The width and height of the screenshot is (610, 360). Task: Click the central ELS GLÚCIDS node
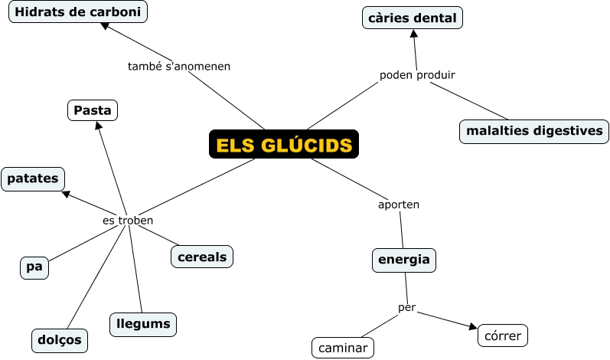click(x=284, y=145)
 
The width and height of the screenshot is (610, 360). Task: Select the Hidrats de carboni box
click(x=78, y=11)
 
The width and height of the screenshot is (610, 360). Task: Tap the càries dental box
click(x=413, y=18)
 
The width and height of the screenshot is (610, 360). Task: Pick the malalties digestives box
click(x=534, y=131)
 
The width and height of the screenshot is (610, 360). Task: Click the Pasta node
click(x=93, y=111)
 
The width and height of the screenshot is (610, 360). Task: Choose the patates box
click(x=33, y=178)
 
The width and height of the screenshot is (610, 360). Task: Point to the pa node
click(x=34, y=267)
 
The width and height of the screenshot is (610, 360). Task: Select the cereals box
click(x=202, y=257)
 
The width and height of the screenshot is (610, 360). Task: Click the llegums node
click(x=143, y=324)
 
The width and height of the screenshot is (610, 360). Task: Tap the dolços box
click(x=60, y=339)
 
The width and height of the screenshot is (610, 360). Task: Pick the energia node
click(x=404, y=260)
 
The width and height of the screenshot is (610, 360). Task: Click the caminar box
click(x=343, y=348)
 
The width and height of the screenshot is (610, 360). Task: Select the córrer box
click(x=503, y=335)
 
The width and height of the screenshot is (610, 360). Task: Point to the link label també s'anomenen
click(x=178, y=66)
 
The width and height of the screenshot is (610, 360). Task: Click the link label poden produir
click(x=417, y=75)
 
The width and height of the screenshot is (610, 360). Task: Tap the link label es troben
click(x=128, y=221)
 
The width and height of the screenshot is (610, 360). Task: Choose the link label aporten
click(x=399, y=205)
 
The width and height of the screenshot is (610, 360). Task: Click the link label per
click(x=406, y=307)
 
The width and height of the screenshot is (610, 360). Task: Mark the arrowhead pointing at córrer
click(x=471, y=328)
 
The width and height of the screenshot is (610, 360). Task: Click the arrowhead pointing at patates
click(x=67, y=194)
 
